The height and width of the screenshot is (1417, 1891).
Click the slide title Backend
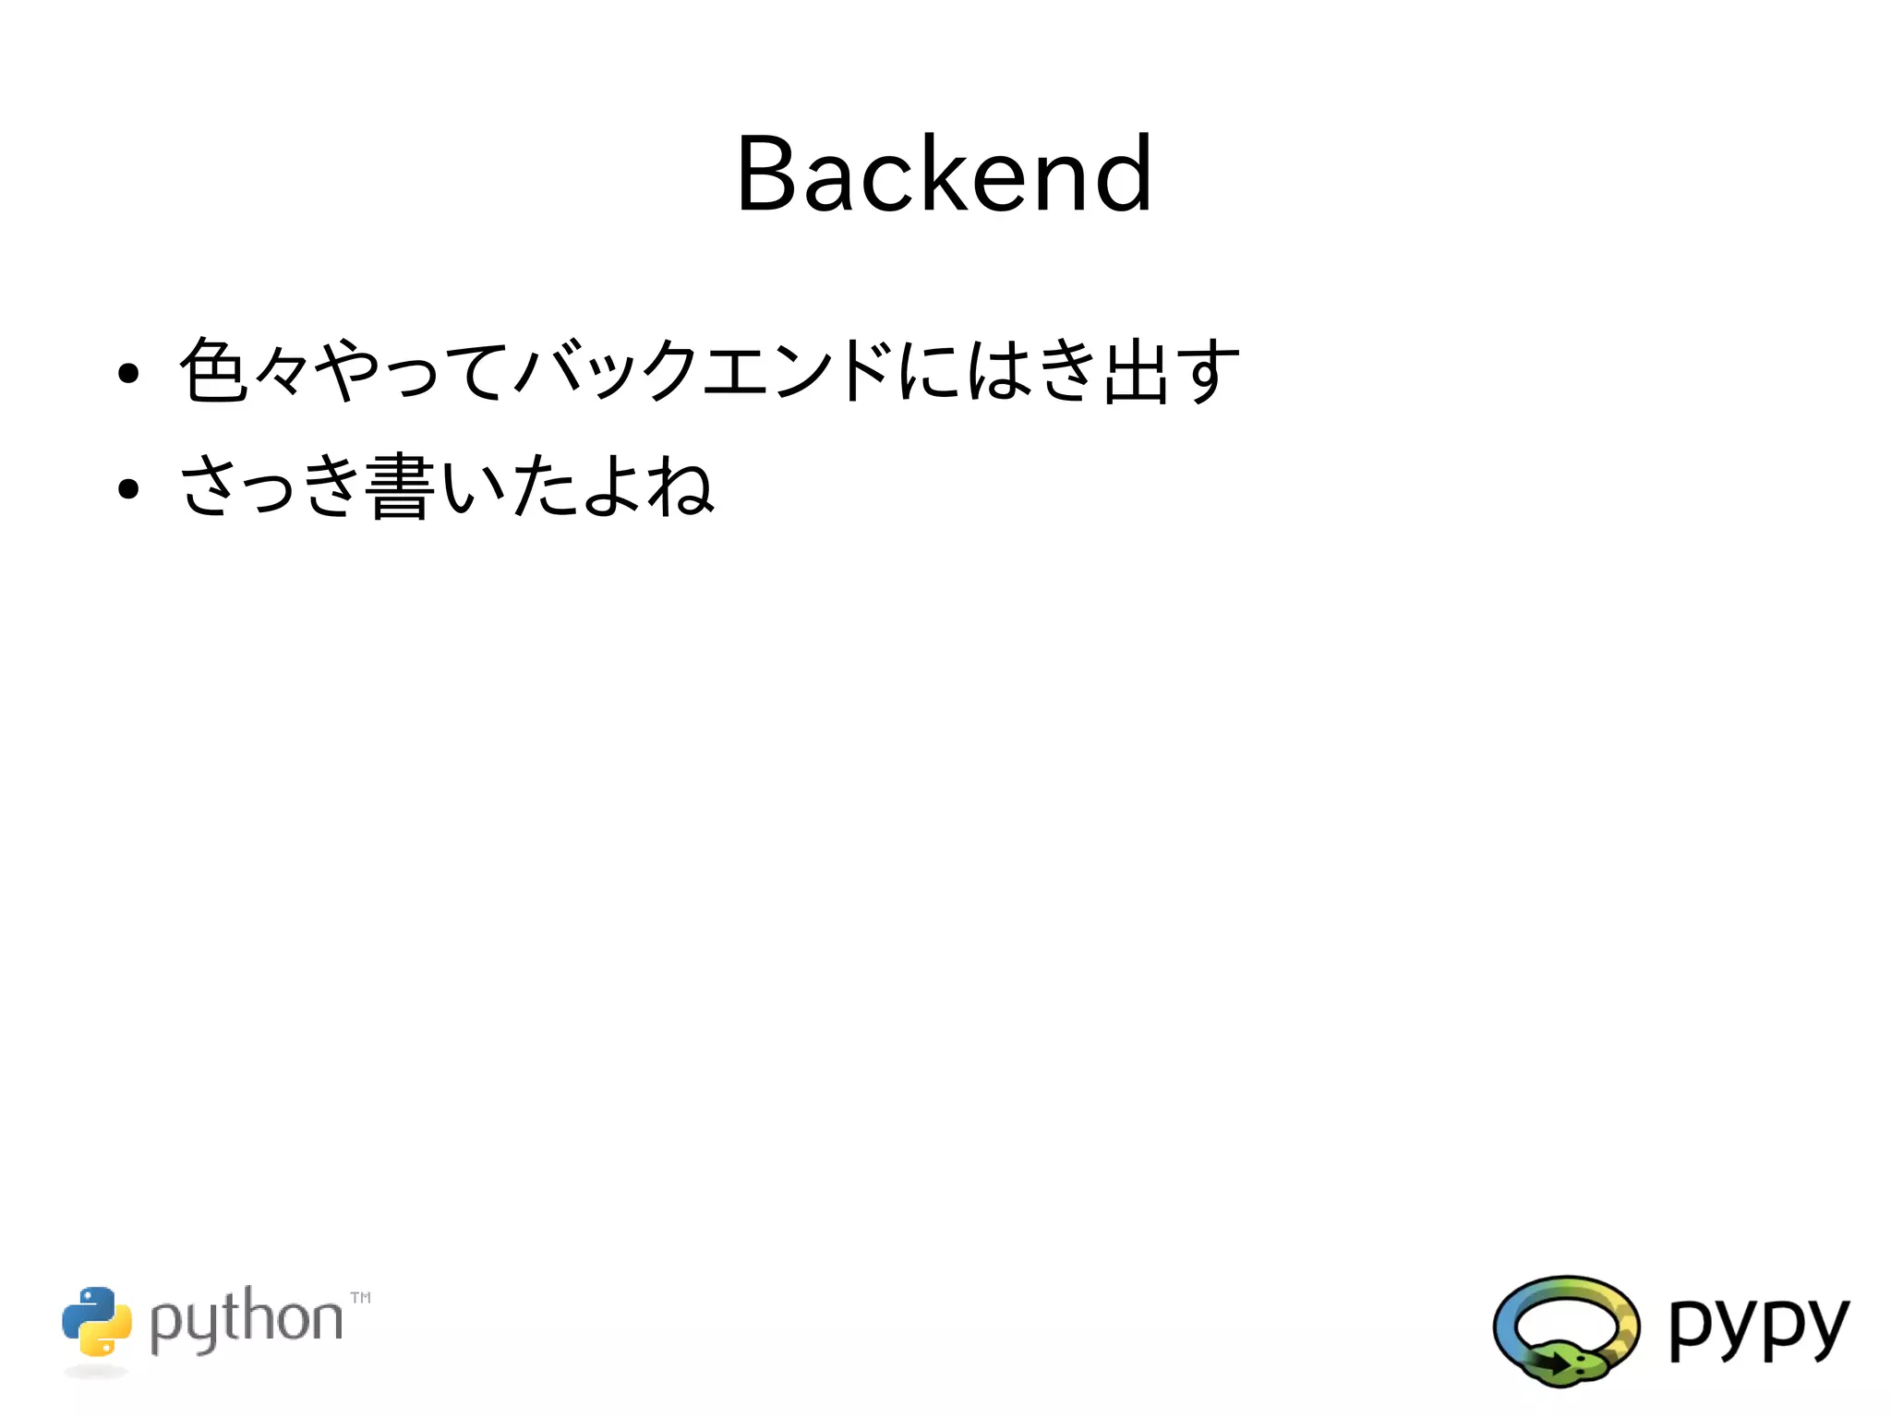coord(944,174)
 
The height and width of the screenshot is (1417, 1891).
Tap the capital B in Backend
coord(765,174)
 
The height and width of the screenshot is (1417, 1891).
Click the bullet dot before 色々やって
coord(128,373)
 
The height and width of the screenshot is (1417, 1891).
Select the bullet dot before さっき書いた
coord(128,488)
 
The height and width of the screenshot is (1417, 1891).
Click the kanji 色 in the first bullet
coord(213,370)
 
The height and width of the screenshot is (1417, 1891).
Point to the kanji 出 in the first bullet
coord(1135,370)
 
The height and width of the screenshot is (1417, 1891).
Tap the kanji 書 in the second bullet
coord(399,486)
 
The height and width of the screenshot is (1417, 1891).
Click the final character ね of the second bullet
coord(681,486)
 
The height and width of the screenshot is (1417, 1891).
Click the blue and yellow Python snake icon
coord(97,1321)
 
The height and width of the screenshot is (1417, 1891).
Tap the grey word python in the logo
coord(246,1320)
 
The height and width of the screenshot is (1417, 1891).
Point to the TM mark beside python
coord(361,1297)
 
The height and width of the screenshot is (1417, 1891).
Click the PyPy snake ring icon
coord(1566,1329)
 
